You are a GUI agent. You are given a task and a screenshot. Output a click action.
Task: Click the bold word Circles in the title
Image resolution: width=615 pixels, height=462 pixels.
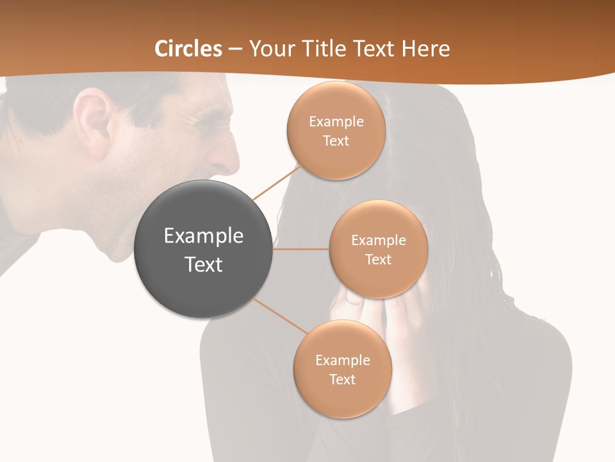pos(188,49)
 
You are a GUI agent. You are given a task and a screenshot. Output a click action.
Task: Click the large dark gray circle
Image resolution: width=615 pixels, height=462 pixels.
pos(203,249)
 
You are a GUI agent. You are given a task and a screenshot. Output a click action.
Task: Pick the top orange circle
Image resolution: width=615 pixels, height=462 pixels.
pos(336,130)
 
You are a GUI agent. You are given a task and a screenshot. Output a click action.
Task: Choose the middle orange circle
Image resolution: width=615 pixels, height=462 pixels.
pos(378,249)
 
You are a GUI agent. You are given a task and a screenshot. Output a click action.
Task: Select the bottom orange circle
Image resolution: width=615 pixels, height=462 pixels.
pos(342,369)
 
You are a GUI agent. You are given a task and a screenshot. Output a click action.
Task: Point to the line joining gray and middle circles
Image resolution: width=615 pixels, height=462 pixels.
pos(301,249)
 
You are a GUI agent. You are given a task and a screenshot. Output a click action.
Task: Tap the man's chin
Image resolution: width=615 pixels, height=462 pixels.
pos(119,253)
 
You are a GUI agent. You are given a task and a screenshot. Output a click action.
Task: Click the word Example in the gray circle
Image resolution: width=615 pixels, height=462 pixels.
pos(203,236)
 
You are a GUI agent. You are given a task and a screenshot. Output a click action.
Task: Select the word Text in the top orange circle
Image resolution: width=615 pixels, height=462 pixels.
pos(336,141)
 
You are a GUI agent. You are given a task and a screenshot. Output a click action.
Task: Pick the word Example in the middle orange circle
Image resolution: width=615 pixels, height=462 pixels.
pos(378,241)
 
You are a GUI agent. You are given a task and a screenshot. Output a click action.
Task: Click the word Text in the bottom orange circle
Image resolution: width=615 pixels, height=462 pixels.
pos(342,379)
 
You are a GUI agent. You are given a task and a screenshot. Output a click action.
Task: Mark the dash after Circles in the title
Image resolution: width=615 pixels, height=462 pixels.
pos(234,49)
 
